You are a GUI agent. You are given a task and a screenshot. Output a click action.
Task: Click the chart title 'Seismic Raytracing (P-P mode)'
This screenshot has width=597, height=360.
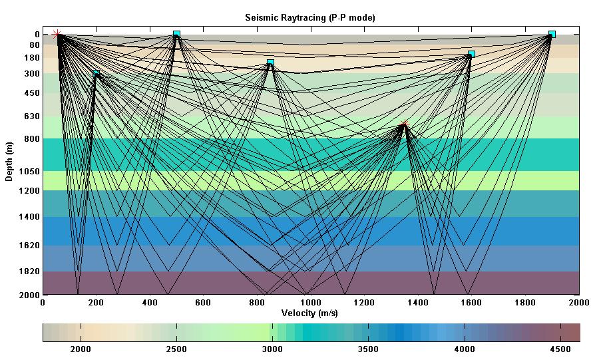(310, 18)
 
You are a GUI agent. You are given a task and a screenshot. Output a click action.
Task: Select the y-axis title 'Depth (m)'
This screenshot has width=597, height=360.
(9, 164)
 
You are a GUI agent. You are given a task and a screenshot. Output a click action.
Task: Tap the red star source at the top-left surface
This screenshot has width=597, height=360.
(57, 34)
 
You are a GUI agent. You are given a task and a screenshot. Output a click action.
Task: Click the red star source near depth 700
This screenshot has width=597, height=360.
(404, 124)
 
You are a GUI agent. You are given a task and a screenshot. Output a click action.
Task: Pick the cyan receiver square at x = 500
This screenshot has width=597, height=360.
(176, 34)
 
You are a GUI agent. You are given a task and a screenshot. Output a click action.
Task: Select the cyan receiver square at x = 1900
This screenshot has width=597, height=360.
(552, 34)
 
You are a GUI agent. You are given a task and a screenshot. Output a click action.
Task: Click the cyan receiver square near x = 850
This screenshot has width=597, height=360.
(270, 63)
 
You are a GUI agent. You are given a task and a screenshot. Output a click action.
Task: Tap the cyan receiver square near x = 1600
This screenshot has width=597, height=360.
(471, 54)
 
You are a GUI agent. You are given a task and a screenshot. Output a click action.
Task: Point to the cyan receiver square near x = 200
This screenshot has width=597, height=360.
(97, 74)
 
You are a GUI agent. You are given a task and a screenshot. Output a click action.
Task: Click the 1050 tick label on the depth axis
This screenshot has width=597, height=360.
(31, 172)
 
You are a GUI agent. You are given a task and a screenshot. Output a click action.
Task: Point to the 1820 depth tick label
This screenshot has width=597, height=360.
(31, 271)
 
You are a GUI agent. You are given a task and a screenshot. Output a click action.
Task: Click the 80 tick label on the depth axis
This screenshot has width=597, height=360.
(35, 45)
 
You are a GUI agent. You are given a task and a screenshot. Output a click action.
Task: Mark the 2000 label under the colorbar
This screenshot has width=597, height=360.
(81, 349)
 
